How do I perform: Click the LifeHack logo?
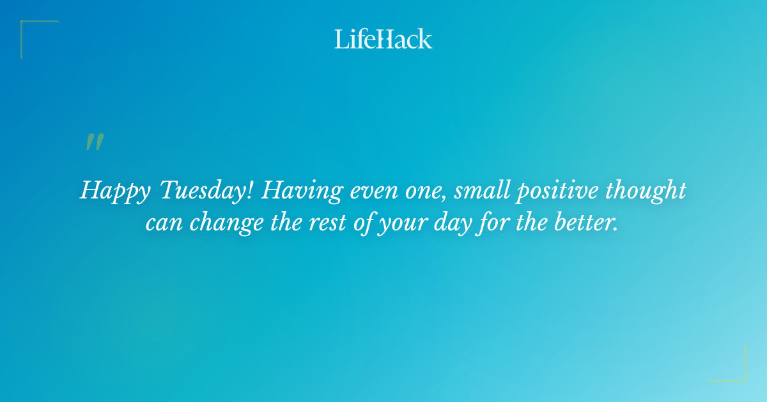pyautogui.click(x=383, y=39)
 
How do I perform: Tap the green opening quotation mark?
pyautogui.click(x=95, y=142)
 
